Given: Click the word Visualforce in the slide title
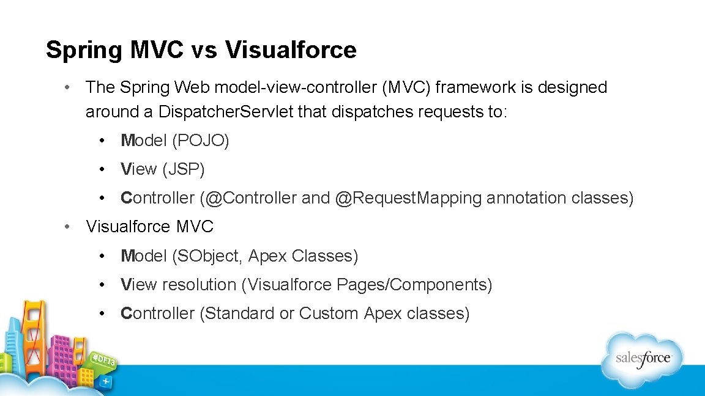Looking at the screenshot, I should click(291, 50).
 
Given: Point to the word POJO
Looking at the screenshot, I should click(201, 141).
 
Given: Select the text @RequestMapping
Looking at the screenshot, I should click(408, 198).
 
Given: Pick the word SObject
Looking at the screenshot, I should click(209, 256).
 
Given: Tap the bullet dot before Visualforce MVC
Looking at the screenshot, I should click(70, 227).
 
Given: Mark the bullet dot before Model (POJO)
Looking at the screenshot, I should click(106, 141).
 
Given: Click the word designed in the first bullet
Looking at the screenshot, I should click(572, 87).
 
